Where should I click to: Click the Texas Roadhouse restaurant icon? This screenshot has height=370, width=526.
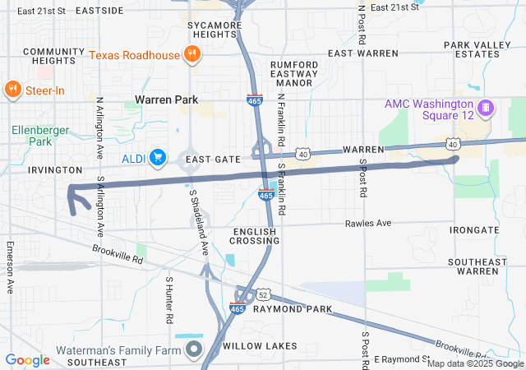point(191,55)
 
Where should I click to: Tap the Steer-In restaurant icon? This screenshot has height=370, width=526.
point(13,89)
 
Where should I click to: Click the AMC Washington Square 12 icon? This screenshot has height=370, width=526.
point(486,107)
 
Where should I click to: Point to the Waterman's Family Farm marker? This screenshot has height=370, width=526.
point(194,350)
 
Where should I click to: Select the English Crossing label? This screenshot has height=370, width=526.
point(256,236)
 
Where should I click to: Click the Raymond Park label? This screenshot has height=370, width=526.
point(292,309)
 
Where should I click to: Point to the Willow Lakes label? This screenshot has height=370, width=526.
point(259,346)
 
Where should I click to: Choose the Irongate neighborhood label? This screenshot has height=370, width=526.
point(474,230)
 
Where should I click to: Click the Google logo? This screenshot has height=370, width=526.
point(28,359)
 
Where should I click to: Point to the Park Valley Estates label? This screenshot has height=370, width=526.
point(471,49)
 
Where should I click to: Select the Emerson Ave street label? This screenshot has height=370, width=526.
point(11,268)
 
